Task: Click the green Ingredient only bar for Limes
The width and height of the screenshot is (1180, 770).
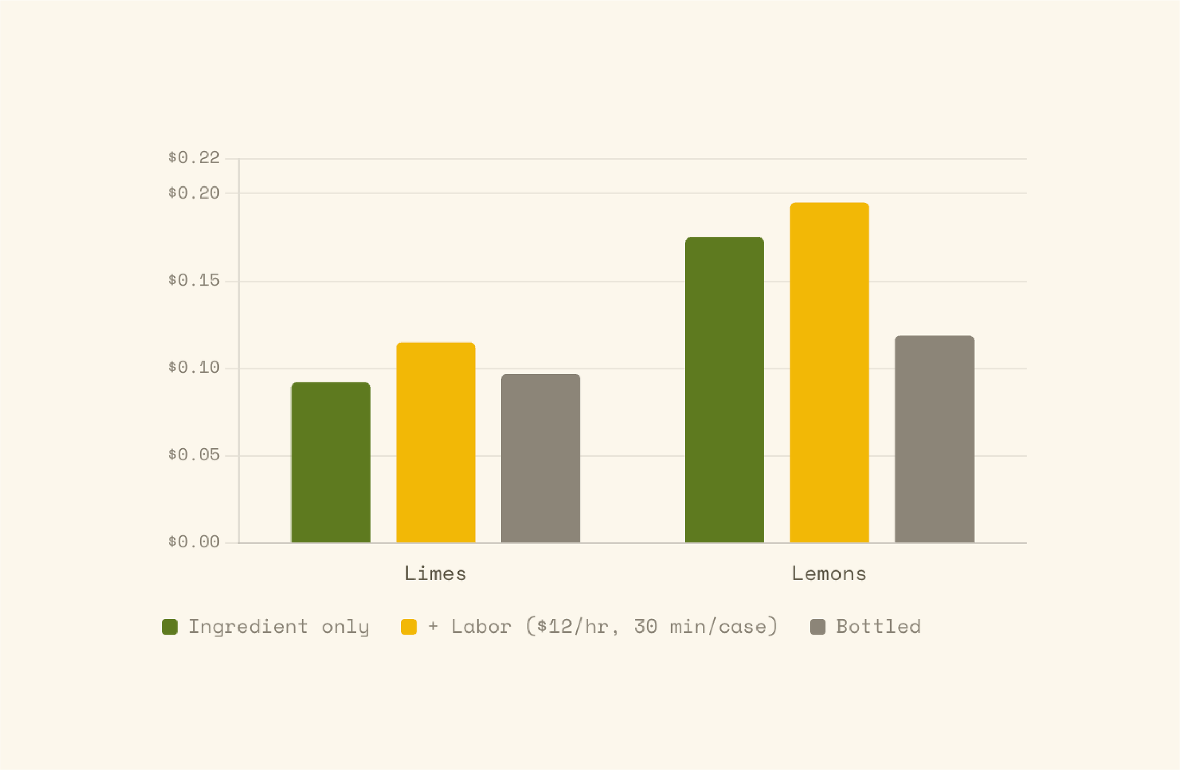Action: click(x=331, y=462)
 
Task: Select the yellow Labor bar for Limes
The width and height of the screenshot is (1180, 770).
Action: click(x=436, y=443)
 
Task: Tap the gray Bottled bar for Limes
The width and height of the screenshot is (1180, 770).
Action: click(x=540, y=458)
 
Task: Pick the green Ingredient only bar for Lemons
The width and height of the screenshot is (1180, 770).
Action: click(x=725, y=390)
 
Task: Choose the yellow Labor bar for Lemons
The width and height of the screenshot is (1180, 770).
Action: click(x=829, y=373)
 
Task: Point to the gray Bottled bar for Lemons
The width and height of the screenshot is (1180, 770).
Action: click(x=935, y=439)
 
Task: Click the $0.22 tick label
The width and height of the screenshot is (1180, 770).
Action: click(x=194, y=158)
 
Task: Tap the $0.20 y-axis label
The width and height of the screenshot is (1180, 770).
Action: click(x=194, y=193)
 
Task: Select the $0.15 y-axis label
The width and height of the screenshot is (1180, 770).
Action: click(x=194, y=280)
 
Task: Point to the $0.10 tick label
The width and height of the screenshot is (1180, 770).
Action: click(x=194, y=368)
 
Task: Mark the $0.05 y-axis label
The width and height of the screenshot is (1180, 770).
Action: click(x=194, y=455)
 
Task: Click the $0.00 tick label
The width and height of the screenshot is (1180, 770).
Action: click(x=194, y=542)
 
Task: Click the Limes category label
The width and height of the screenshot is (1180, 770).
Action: click(x=435, y=573)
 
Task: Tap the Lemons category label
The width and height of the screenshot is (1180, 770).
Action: click(x=829, y=573)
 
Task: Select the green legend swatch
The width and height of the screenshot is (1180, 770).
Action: click(x=169, y=626)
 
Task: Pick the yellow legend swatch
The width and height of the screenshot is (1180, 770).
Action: click(x=409, y=626)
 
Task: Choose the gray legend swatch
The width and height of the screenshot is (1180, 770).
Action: click(x=818, y=626)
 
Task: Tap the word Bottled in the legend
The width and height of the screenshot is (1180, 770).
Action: click(x=878, y=626)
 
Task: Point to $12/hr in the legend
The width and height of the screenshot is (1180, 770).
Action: click(x=573, y=626)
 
